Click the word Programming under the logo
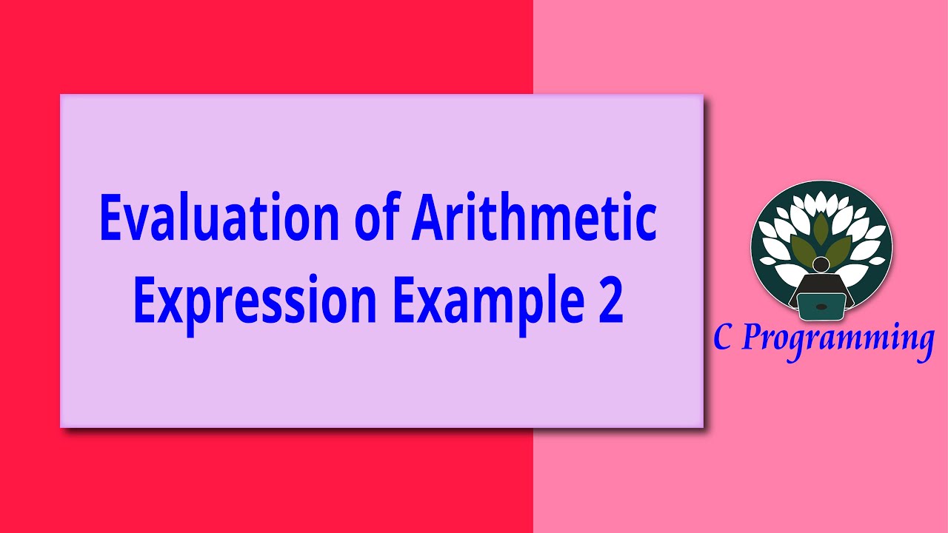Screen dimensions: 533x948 click(x=838, y=340)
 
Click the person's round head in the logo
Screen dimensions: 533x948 click(x=821, y=264)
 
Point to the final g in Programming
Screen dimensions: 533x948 click(x=922, y=343)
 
